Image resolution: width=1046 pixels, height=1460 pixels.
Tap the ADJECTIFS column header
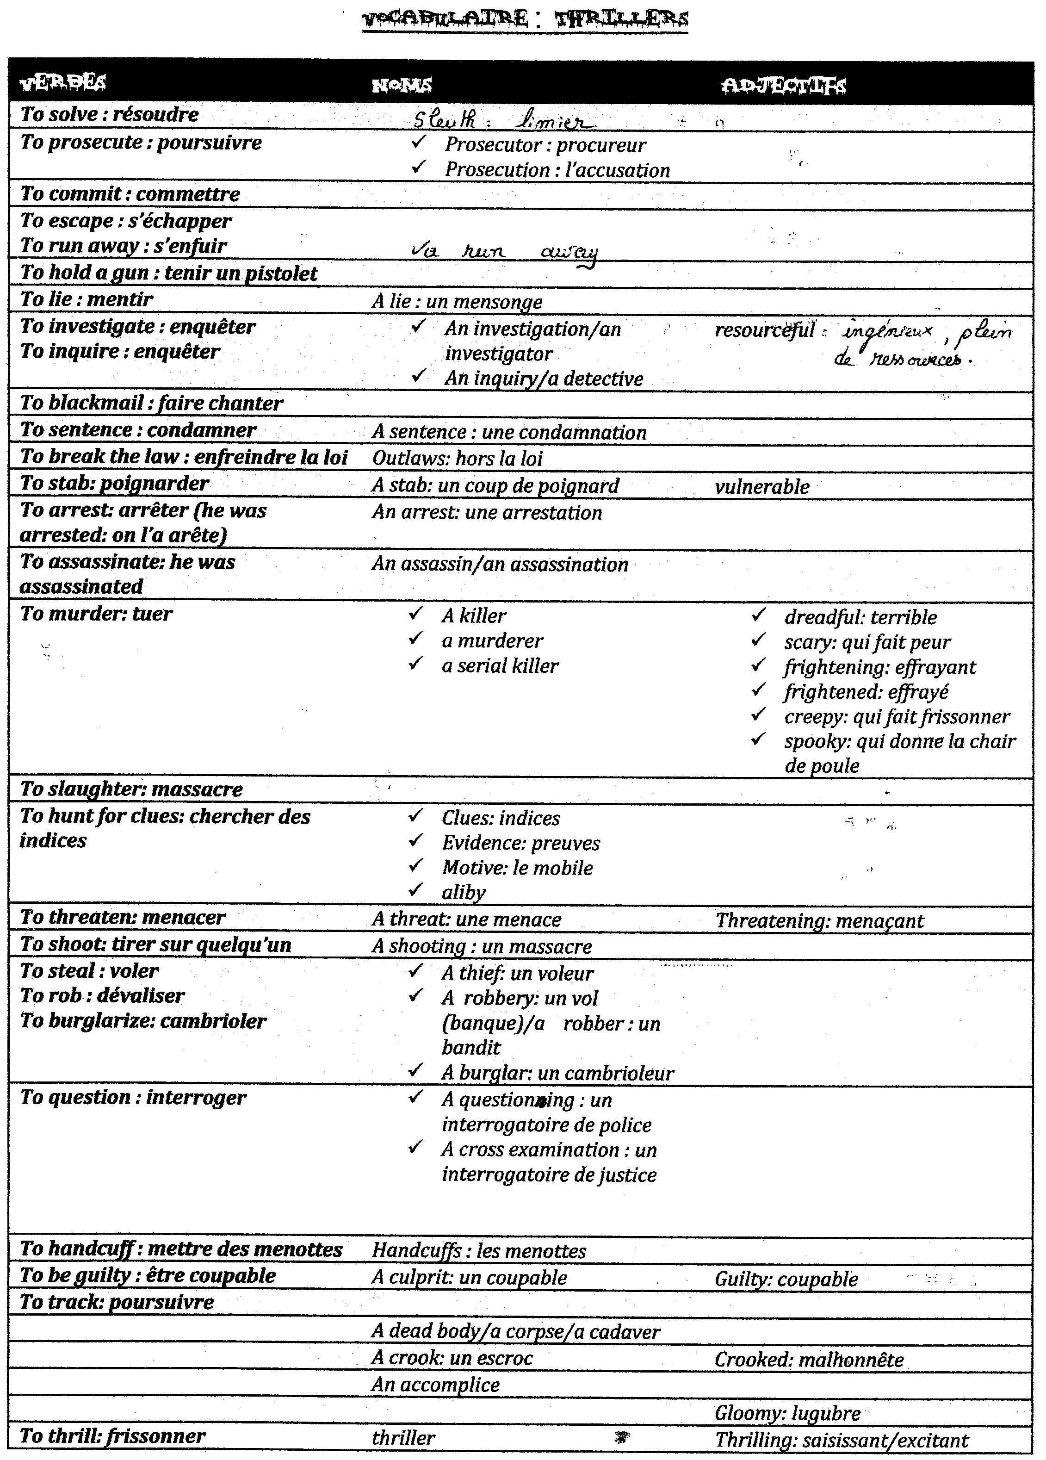(x=783, y=86)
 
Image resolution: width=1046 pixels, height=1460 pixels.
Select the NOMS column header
(x=402, y=85)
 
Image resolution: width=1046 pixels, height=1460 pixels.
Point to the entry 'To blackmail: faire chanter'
(x=151, y=403)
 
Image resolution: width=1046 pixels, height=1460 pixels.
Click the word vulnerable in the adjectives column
(x=761, y=487)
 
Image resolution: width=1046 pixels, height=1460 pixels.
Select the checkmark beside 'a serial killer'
(x=416, y=663)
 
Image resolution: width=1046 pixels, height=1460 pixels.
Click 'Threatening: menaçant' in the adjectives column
(x=819, y=920)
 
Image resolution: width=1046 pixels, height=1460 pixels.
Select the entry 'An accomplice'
(x=435, y=1385)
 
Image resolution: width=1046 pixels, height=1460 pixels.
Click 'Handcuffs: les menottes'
(x=479, y=1251)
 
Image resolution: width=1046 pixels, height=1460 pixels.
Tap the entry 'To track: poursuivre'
(x=117, y=1302)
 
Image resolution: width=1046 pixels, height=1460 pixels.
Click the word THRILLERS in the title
(x=621, y=19)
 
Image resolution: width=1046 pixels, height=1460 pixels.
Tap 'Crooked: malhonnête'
(x=809, y=1359)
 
